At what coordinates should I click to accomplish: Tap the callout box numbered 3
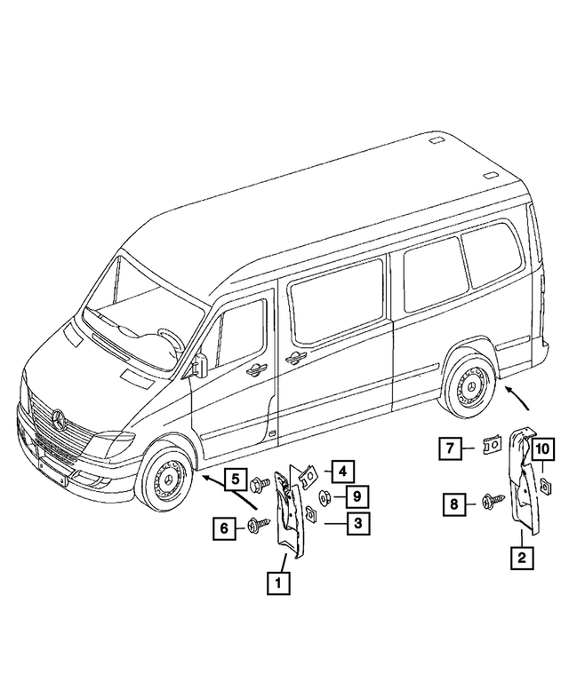(x=357, y=525)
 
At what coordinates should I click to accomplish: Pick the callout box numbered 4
(x=343, y=468)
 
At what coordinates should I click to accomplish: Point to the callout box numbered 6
(x=224, y=528)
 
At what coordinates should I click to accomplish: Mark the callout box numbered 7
(x=450, y=448)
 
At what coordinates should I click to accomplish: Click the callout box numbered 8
(x=455, y=504)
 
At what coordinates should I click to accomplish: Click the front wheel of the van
(x=166, y=484)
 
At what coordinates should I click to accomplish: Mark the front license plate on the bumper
(x=50, y=469)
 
